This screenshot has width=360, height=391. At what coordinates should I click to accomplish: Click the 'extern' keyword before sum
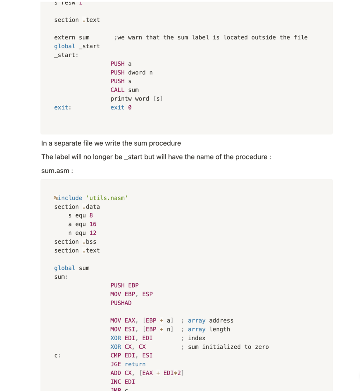tap(64, 38)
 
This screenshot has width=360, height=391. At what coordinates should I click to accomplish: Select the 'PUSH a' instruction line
tap(121, 64)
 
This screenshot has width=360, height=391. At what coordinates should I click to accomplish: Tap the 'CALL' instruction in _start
tap(117, 90)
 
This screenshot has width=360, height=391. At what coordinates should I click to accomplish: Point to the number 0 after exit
tap(130, 107)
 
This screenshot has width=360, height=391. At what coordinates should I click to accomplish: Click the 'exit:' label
tap(63, 107)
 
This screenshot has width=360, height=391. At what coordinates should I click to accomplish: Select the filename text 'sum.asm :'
tap(57, 171)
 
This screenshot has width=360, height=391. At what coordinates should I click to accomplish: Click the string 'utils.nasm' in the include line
tap(107, 198)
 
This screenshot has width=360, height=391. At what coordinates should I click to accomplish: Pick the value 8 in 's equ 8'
tap(91, 215)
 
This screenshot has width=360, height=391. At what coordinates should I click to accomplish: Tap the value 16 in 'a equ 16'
tap(93, 224)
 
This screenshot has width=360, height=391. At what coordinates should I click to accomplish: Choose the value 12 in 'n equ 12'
tap(93, 233)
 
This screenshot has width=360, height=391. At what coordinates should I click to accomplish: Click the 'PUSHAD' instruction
tap(121, 303)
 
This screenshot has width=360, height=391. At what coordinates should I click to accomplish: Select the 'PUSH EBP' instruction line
tap(124, 285)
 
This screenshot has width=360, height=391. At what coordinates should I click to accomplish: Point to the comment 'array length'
tap(209, 329)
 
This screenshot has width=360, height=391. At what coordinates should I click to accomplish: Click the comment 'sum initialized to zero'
tap(228, 347)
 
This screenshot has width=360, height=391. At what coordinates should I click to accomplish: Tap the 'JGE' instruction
tap(116, 365)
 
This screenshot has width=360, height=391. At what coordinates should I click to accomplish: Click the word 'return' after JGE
tap(135, 365)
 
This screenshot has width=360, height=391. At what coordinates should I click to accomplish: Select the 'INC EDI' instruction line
tap(123, 382)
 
